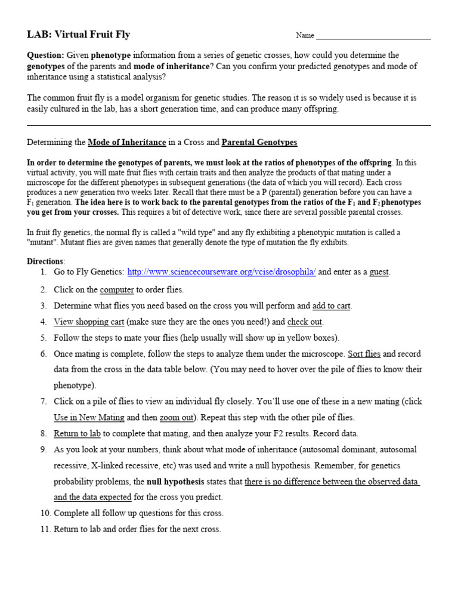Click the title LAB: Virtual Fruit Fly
[x=78, y=35]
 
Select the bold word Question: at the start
[x=46, y=55]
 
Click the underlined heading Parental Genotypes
[x=259, y=143]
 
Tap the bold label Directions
[x=45, y=261]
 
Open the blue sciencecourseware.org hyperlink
[x=222, y=272]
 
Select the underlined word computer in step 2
[x=117, y=289]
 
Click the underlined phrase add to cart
[x=332, y=306]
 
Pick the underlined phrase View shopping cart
[x=89, y=322]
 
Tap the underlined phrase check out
[x=305, y=322]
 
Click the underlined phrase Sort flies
[x=364, y=354]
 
